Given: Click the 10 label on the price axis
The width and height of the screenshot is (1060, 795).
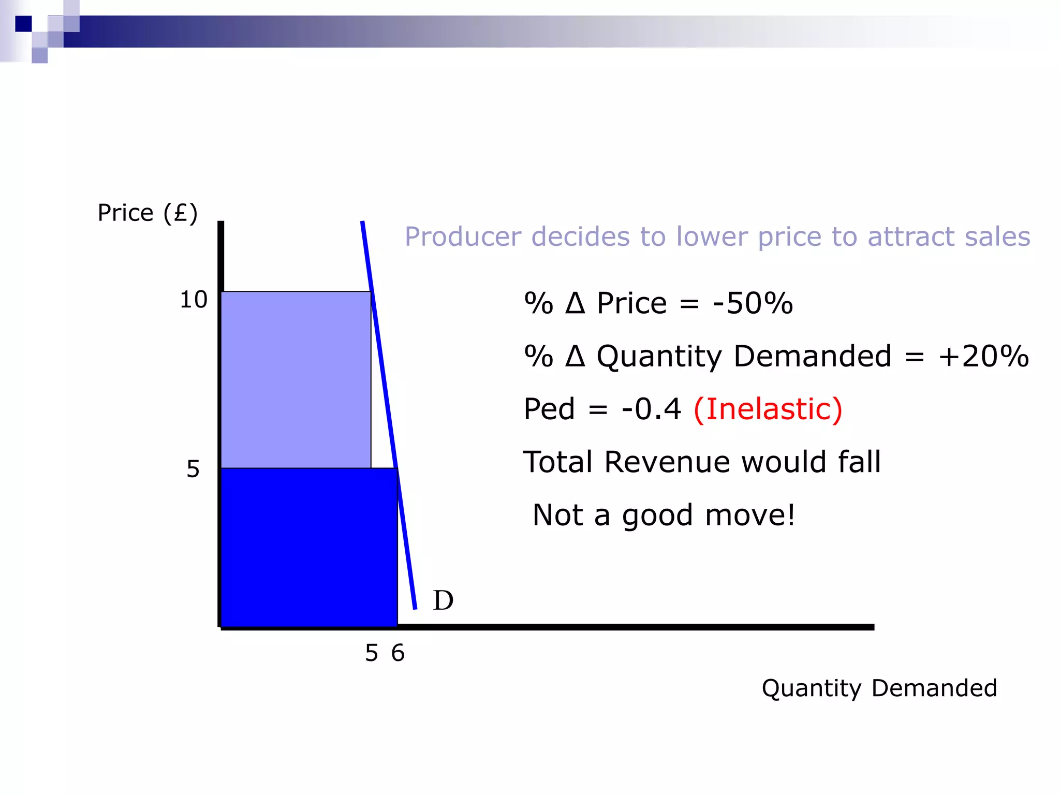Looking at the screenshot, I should coord(194,300).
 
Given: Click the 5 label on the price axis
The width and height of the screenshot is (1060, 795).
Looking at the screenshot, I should coord(193,469).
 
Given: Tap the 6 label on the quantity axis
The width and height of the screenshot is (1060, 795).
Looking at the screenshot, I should coord(397,653).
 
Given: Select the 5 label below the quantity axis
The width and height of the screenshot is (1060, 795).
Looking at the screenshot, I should coord(372,653).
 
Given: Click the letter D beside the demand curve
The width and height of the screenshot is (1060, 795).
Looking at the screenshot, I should coord(443,600).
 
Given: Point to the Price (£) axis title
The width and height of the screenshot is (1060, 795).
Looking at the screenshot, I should coord(148,213).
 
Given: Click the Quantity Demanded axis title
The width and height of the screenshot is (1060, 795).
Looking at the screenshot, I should coord(879,688).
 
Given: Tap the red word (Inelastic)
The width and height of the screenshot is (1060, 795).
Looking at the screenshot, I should coord(768,409).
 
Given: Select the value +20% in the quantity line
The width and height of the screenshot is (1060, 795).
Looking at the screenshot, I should coord(983,356).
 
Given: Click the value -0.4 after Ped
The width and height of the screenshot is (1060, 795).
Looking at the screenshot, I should coord(652,409).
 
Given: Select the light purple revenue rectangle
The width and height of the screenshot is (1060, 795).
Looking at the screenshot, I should coord(296,379).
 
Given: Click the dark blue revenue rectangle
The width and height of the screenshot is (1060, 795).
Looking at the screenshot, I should coord(309,547).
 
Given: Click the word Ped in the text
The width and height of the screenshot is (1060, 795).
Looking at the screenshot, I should coord(549,409).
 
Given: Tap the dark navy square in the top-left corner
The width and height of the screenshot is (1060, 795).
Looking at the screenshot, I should coord(23,24).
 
